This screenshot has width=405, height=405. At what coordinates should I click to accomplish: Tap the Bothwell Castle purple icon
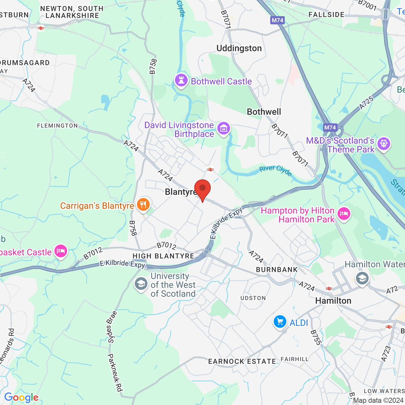pyautogui.click(x=181, y=80)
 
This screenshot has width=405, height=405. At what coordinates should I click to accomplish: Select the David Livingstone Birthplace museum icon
pyautogui.click(x=224, y=128)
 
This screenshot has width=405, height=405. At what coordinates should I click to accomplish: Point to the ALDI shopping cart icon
pyautogui.click(x=280, y=322)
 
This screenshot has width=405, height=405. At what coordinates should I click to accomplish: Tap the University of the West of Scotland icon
pyautogui.click(x=141, y=283)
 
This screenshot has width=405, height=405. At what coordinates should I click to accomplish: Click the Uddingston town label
pyautogui.click(x=239, y=48)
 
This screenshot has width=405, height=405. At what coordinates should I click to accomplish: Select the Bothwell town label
pyautogui.click(x=264, y=112)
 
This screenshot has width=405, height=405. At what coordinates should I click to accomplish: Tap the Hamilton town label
pyautogui.click(x=333, y=301)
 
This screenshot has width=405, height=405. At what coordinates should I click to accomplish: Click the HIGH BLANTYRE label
pyautogui.click(x=163, y=256)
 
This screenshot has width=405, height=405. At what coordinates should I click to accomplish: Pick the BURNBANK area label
pyautogui.click(x=277, y=270)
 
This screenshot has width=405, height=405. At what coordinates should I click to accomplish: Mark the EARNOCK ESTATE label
pyautogui.click(x=242, y=361)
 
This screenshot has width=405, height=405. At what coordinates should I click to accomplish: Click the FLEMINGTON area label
pyautogui.click(x=57, y=126)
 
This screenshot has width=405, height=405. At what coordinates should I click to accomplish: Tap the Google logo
pyautogui.click(x=21, y=397)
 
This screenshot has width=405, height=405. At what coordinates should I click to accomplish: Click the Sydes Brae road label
pyautogui.click(x=112, y=327)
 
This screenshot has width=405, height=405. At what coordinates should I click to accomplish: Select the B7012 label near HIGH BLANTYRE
pyautogui.click(x=166, y=246)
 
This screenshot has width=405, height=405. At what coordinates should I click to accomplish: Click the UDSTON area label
pyautogui.click(x=253, y=298)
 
